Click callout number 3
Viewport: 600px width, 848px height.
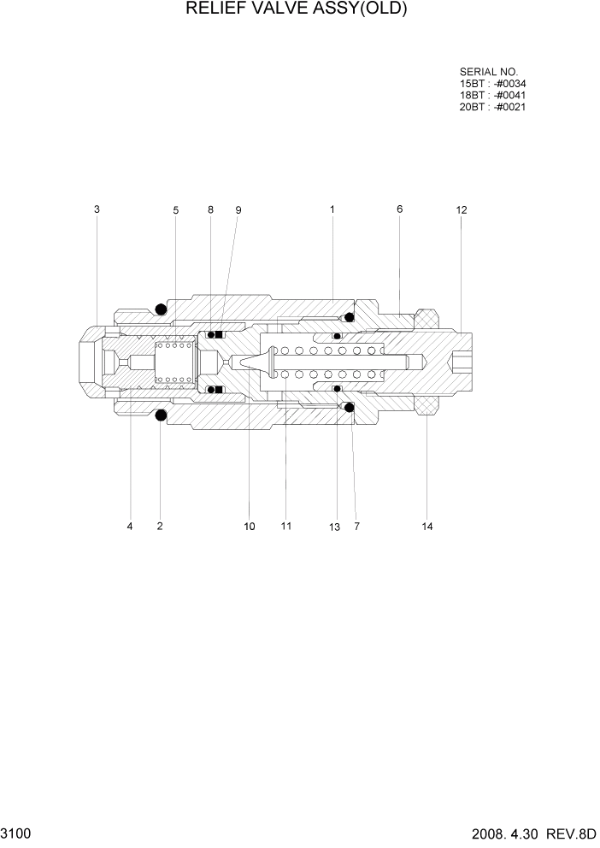pyautogui.click(x=97, y=209)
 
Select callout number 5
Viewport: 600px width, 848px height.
pyautogui.click(x=175, y=209)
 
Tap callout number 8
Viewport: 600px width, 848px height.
pyautogui.click(x=210, y=209)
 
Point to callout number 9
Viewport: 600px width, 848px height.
pyautogui.click(x=238, y=209)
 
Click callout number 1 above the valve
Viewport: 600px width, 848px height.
pyautogui.click(x=332, y=209)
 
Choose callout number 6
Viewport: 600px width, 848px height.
pyautogui.click(x=399, y=209)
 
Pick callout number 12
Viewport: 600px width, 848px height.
pyautogui.click(x=462, y=209)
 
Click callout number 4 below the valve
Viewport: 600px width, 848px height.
pyautogui.click(x=130, y=527)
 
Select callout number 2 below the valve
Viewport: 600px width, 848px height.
pyautogui.click(x=160, y=527)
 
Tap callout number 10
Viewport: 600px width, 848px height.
pyautogui.click(x=250, y=527)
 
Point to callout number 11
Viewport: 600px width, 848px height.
pyautogui.click(x=285, y=526)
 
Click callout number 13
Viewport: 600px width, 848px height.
pyautogui.click(x=334, y=527)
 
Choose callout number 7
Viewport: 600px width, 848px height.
pyautogui.click(x=356, y=527)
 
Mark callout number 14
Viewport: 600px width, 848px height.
pyautogui.click(x=427, y=527)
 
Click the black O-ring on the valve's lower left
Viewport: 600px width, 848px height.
pyautogui.click(x=159, y=415)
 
